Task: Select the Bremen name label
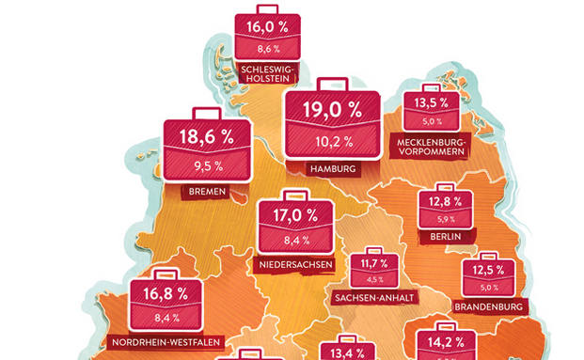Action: [209, 192]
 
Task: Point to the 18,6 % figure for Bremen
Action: [209, 138]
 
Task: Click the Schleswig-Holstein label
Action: [268, 74]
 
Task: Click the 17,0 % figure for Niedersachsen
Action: [293, 215]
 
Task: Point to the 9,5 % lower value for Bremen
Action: [208, 167]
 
